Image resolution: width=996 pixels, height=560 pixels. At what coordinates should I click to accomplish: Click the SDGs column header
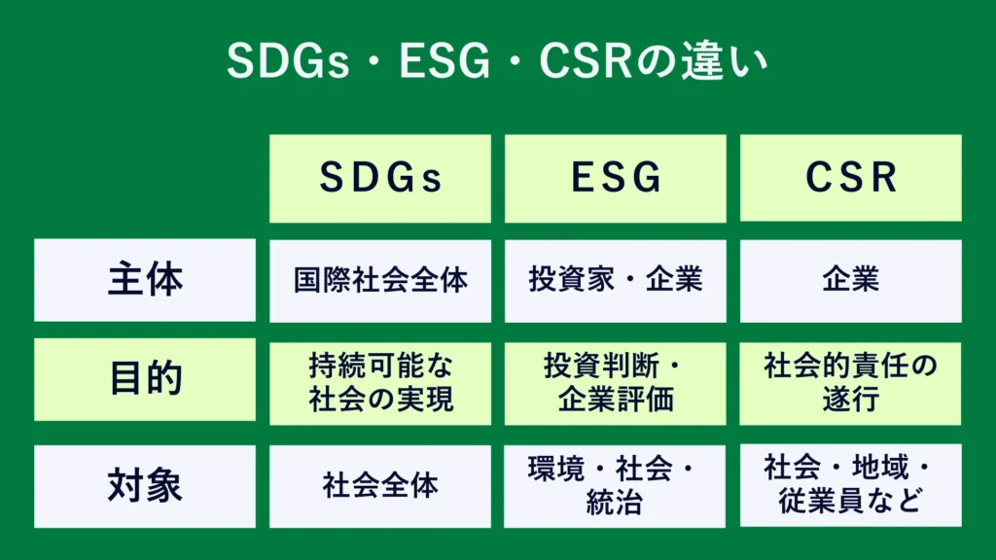click(x=380, y=178)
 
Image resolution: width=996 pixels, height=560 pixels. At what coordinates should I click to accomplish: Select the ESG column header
click(x=616, y=178)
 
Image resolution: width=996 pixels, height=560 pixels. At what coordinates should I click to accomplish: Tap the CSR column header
click(x=850, y=178)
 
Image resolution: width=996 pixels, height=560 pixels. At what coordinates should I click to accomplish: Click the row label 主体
click(x=145, y=280)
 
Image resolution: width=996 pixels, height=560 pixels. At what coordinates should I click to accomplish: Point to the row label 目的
click(x=145, y=379)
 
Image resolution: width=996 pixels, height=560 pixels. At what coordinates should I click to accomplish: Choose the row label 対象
click(x=145, y=486)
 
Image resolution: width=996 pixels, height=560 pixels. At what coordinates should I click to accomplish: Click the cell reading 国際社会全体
click(x=380, y=281)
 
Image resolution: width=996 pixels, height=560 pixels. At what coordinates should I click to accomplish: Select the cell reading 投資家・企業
click(x=616, y=281)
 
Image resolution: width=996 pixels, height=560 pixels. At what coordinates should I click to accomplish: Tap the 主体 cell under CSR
click(x=850, y=281)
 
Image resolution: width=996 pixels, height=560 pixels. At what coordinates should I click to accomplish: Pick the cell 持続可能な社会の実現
click(x=380, y=383)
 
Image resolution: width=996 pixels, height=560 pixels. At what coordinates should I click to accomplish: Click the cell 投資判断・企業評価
click(x=616, y=383)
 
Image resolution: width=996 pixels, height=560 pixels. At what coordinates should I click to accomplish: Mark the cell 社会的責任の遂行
click(x=850, y=383)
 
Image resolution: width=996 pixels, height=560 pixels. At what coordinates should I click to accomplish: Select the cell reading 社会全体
click(x=380, y=486)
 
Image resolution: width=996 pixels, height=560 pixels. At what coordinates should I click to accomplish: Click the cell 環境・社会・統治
click(x=615, y=486)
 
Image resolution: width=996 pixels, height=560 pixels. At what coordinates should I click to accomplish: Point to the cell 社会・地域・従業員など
click(x=850, y=486)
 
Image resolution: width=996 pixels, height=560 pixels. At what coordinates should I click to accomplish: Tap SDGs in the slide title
click(x=288, y=61)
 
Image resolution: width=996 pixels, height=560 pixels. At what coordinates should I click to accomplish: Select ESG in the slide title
click(x=445, y=61)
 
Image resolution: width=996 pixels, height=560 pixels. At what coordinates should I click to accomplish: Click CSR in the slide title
click(x=586, y=61)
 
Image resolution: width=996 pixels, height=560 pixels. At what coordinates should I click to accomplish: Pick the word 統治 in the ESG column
click(x=615, y=502)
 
